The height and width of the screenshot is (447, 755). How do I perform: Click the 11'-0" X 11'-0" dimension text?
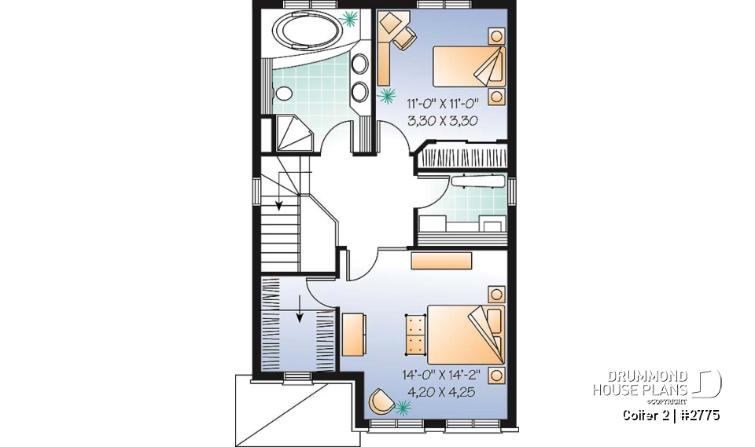click(x=443, y=104)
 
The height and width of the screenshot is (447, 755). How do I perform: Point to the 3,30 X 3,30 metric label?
click(x=443, y=121)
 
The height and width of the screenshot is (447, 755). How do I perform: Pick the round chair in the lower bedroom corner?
click(x=381, y=400)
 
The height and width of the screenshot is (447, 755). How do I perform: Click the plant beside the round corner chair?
click(x=403, y=407)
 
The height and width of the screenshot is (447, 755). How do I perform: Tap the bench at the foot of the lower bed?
click(x=414, y=334)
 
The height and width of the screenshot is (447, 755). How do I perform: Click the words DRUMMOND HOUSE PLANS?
click(x=640, y=383)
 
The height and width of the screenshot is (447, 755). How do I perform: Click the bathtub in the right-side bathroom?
click(x=476, y=181)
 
